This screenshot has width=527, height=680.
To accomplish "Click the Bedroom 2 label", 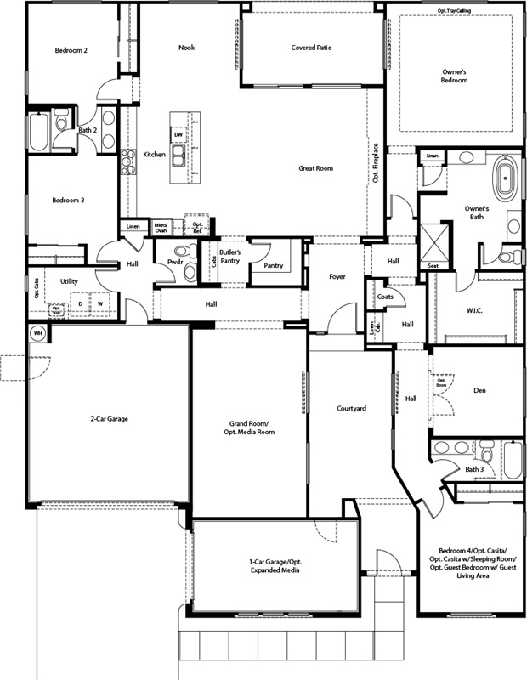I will click(x=71, y=51).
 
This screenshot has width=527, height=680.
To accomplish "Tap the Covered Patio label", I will click(x=310, y=48).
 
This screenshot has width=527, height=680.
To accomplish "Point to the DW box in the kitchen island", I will click(x=178, y=135).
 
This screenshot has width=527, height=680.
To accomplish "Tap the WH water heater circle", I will click(x=38, y=332).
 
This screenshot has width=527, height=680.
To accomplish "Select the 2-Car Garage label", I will click(x=110, y=418).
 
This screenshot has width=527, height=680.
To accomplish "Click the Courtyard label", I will click(x=351, y=409).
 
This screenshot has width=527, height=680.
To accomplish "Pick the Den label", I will click(x=479, y=390).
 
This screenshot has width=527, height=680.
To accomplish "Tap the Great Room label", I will click(x=315, y=168).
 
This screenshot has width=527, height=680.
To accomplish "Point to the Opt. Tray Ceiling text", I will click(x=456, y=11).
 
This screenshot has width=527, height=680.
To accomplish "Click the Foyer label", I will click(x=339, y=276).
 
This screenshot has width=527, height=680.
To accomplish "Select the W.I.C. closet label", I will click(x=474, y=310).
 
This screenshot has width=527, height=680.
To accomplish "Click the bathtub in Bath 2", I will click(x=39, y=133).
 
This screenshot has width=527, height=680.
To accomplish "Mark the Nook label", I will click(x=186, y=48).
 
